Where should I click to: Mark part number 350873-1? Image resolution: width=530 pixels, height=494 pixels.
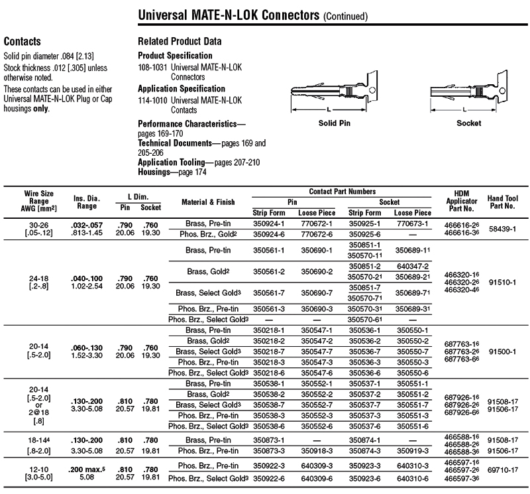(268, 440)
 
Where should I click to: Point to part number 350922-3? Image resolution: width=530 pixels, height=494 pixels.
(268, 467)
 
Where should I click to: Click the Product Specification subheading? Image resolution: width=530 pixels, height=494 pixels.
(175, 56)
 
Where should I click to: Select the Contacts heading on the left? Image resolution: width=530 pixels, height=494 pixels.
(23, 41)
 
